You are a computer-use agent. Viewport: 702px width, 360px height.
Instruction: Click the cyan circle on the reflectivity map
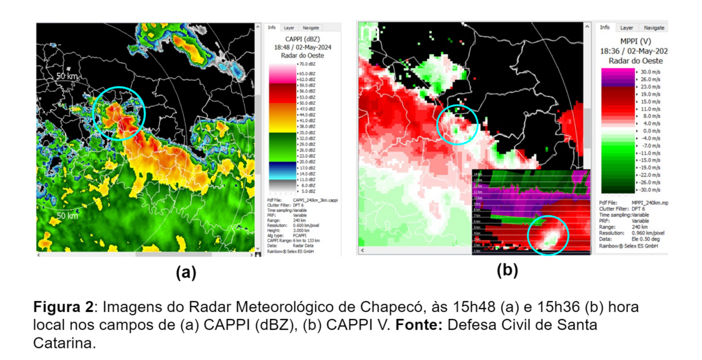118,112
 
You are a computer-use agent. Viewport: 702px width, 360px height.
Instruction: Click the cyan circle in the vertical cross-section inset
548,235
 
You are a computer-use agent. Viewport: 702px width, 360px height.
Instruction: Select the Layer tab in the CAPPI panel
289,28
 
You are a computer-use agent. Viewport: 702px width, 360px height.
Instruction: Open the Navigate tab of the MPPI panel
654,27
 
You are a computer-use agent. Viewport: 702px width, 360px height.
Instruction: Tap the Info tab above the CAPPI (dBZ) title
271,28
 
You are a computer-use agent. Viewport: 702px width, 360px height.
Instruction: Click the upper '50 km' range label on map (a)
69,77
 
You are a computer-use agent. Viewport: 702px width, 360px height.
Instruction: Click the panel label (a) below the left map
186,272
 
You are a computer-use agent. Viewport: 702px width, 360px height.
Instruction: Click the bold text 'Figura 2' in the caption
61,306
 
